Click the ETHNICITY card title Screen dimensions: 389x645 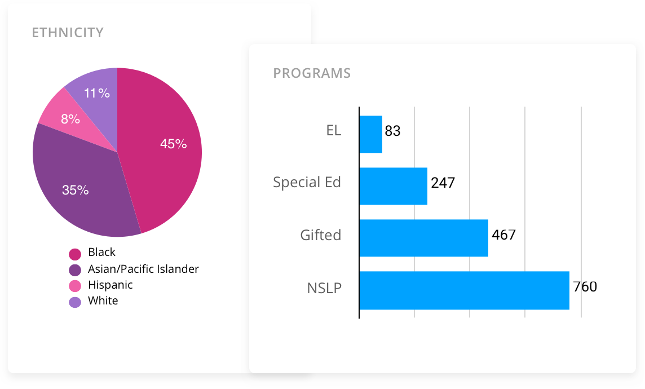[68, 33]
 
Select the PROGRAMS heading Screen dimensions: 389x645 [312, 73]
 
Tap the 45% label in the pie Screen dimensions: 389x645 [173, 144]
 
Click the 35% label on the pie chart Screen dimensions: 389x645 [76, 190]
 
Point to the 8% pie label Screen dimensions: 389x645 [70, 119]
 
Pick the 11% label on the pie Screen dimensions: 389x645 [97, 93]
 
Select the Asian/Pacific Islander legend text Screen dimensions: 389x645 [143, 269]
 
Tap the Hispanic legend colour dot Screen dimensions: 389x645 [75, 286]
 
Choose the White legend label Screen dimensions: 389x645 [103, 300]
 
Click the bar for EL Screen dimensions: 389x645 [370, 134]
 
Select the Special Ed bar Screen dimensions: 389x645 [393, 186]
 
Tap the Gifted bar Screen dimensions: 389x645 [423, 238]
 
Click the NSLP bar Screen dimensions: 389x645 [464, 290]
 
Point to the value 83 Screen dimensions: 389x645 [392, 131]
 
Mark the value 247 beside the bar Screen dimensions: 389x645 [443, 183]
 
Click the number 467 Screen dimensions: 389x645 [503, 235]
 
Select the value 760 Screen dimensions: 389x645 [585, 287]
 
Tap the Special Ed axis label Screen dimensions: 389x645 [307, 183]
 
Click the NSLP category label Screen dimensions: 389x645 [324, 288]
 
